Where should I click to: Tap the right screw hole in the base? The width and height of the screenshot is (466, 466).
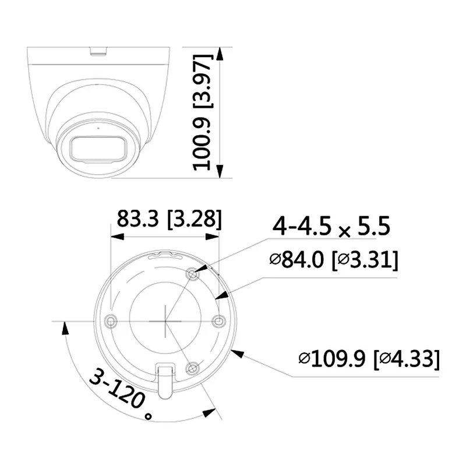pyautogui.click(x=218, y=320)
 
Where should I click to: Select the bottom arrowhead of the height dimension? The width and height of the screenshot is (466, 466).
pyautogui.click(x=220, y=171)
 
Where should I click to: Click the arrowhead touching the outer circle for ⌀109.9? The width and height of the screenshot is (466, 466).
pyautogui.click(x=236, y=351)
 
